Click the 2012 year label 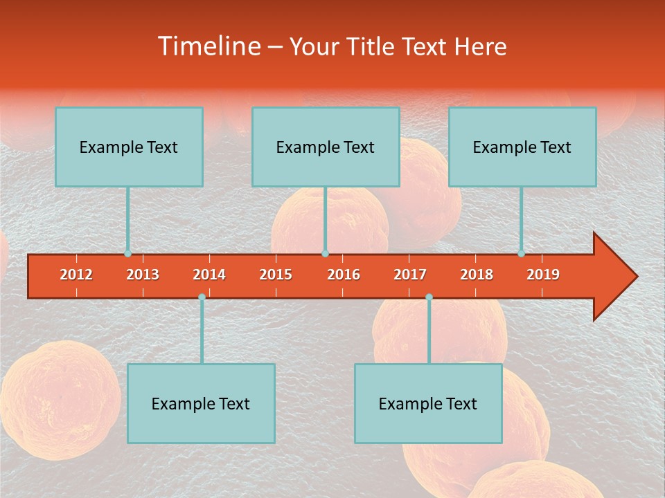[x=76, y=275]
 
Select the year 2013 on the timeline [x=143, y=275]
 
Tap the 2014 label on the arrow [x=209, y=275]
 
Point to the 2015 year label [x=276, y=275]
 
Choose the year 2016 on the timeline [x=344, y=275]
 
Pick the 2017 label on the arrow [x=410, y=275]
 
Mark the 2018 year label [x=477, y=275]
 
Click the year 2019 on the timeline [x=543, y=275]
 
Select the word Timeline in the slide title [x=209, y=46]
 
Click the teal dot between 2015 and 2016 [x=325, y=254]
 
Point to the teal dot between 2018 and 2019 [x=521, y=254]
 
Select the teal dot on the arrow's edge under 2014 [x=202, y=297]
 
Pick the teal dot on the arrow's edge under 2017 [x=429, y=297]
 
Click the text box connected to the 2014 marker [x=201, y=403]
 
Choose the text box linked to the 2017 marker [x=428, y=403]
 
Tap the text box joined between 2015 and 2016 [x=326, y=147]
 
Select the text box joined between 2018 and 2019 [x=522, y=147]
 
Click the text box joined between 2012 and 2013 [x=129, y=147]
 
